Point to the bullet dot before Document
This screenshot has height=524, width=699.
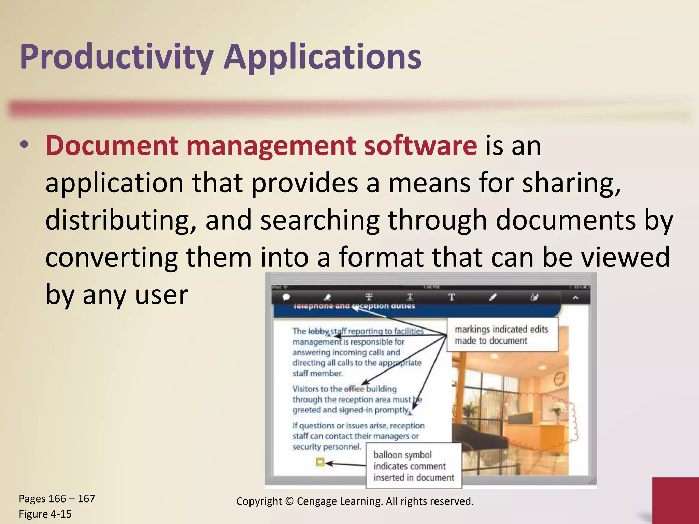24,145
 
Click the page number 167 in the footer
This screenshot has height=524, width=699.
86,499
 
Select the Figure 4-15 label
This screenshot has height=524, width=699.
45,514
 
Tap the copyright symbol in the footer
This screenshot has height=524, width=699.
289,501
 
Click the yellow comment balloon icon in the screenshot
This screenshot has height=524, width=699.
320,462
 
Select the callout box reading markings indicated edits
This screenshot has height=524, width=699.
502,335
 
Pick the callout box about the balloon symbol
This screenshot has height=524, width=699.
414,466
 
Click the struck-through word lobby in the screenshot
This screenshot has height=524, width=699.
318,331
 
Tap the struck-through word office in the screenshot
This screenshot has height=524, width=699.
354,389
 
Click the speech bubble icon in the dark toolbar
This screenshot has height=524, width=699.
286,297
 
